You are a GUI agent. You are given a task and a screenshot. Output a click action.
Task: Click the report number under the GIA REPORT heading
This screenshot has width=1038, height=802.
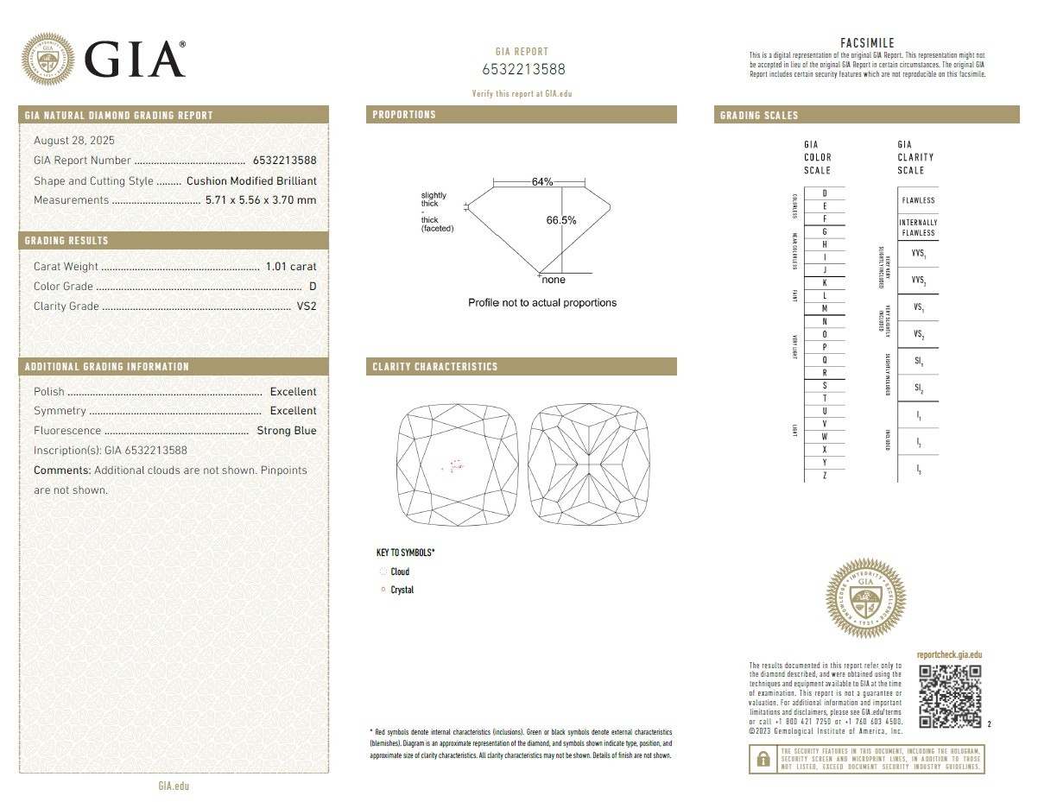[x=523, y=70]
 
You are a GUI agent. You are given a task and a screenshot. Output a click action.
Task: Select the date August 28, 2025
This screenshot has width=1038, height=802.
[x=74, y=141]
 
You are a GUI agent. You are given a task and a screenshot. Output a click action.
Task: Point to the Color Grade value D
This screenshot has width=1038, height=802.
[x=313, y=287]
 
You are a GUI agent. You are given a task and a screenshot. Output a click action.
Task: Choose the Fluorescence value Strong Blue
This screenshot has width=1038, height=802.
[x=287, y=431]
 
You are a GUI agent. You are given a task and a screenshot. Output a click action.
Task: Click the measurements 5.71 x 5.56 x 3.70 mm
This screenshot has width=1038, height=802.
[x=261, y=200]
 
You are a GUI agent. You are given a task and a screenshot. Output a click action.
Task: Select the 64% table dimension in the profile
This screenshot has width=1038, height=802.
[x=542, y=182]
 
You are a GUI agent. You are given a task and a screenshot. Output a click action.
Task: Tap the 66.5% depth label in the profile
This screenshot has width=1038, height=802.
[x=561, y=220]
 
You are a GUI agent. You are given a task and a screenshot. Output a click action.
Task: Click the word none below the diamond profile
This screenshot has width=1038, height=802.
[x=554, y=280]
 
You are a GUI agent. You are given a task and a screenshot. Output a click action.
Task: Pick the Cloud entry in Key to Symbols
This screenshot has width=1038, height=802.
[x=400, y=572]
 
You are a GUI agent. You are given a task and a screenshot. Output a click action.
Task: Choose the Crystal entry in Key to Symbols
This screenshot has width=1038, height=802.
[x=402, y=590]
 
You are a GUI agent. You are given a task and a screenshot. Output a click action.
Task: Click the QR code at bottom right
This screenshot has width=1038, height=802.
[x=950, y=696]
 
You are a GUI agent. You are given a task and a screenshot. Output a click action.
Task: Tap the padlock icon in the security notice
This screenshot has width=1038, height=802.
[x=763, y=759]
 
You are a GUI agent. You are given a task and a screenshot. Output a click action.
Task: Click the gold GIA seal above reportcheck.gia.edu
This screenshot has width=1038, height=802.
[x=866, y=598]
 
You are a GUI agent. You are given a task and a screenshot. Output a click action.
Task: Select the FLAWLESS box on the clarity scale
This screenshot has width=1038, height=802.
[x=918, y=200]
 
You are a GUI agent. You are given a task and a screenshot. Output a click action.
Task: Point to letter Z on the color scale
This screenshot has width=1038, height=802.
[x=825, y=476]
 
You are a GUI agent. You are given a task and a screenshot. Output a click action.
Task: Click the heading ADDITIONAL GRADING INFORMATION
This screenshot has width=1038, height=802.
[x=107, y=367]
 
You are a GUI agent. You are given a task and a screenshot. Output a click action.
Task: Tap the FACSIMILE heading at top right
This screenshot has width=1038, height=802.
[x=867, y=43]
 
